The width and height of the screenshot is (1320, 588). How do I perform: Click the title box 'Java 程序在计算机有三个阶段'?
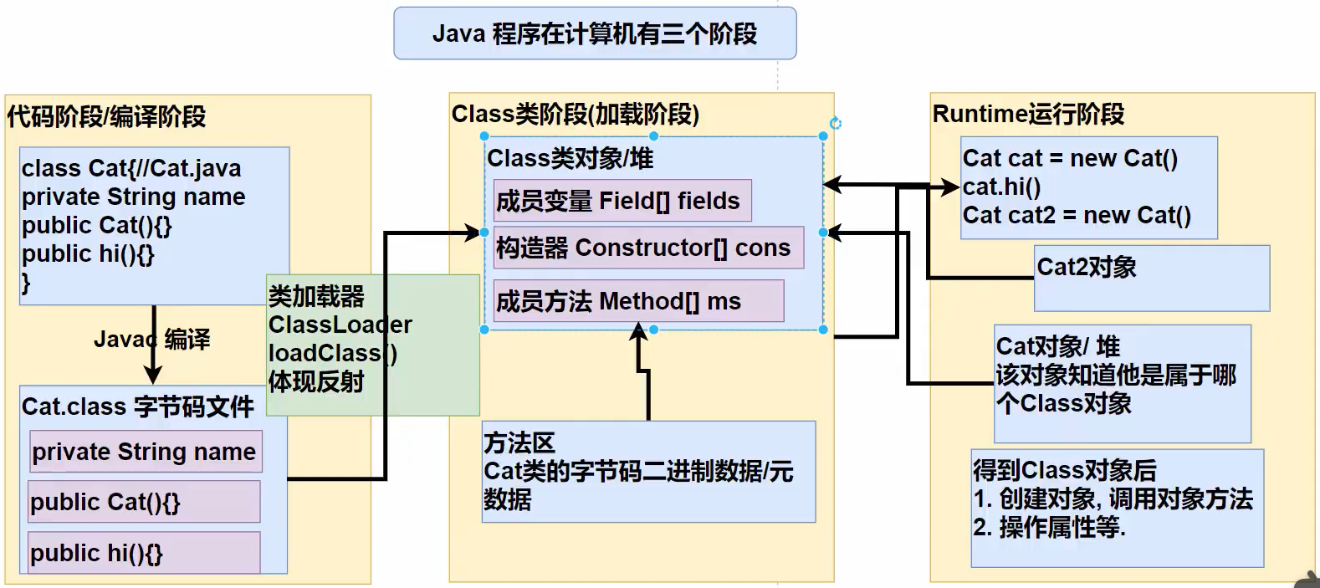[x=596, y=33]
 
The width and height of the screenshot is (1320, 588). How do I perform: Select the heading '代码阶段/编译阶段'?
[x=107, y=116]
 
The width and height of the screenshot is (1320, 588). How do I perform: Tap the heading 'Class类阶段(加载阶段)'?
[x=576, y=114]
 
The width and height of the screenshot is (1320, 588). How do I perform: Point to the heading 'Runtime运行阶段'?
[x=1028, y=114]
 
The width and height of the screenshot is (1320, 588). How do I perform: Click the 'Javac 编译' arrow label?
[x=152, y=340]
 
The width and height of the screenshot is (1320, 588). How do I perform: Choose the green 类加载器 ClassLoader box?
[x=373, y=345]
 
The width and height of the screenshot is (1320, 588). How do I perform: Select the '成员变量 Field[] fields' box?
[x=622, y=200]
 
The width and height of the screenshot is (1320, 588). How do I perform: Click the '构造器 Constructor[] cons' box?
[x=648, y=248]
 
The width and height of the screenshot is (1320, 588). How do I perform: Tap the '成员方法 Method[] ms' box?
[x=639, y=300]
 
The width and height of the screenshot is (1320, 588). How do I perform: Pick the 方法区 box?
[x=649, y=472]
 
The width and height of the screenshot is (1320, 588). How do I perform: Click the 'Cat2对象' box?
[x=1152, y=278]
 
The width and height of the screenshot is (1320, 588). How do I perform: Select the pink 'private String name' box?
[x=146, y=452]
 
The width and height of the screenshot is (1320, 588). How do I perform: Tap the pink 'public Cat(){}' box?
[x=144, y=501]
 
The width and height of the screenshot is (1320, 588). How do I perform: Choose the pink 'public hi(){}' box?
[x=144, y=552]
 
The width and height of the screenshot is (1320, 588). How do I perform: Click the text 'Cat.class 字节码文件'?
[x=138, y=406]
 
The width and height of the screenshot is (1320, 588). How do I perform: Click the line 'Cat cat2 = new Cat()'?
[x=1077, y=215]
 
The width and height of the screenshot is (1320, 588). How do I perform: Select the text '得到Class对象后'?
[x=1065, y=470]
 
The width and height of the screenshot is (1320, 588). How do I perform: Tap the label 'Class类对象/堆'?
[x=570, y=158]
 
